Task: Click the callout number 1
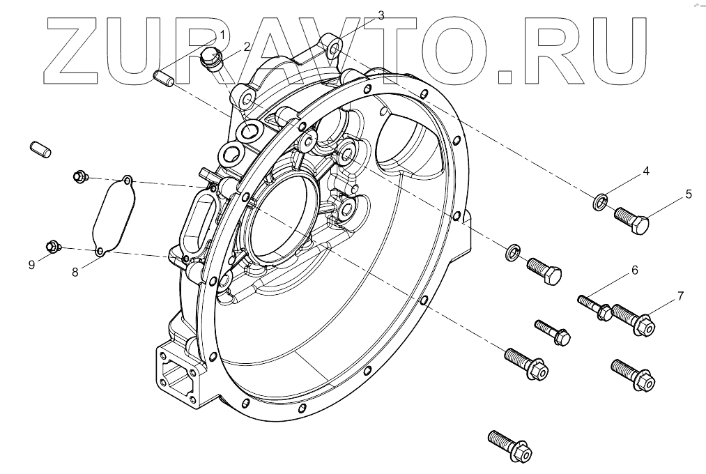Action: (222, 34)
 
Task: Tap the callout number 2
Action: (247, 47)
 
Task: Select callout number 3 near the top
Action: (381, 15)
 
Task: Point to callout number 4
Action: (646, 171)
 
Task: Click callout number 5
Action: (689, 194)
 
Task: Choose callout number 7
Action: (680, 296)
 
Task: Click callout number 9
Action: (31, 264)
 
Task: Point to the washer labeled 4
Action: (599, 203)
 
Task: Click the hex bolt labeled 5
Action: (632, 221)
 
